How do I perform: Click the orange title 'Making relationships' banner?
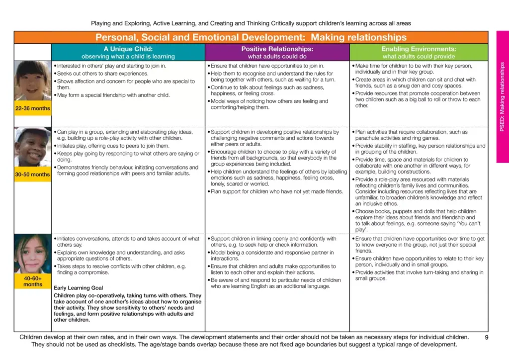coord(251,37)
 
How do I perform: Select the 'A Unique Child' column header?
coord(128,52)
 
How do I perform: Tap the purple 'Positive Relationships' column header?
coord(277,52)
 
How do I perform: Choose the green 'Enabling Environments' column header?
coord(419,52)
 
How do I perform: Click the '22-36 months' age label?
coord(33,108)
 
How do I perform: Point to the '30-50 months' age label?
coord(33,175)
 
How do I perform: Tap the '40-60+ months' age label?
coord(33,281)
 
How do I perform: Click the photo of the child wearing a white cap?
coord(33,147)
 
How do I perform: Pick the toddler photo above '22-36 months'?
coord(33,81)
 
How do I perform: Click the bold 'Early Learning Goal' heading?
coord(79,288)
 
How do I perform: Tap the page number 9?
coord(486,337)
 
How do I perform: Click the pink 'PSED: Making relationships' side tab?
coord(502,97)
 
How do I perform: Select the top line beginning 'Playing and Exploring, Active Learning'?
coord(251,23)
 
